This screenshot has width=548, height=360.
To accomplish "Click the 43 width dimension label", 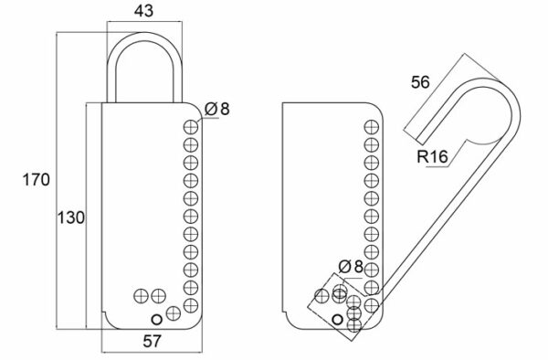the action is click(143, 11).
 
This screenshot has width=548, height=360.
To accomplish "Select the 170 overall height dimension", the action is click(37, 180).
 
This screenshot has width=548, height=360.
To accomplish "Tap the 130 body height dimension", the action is click(71, 217).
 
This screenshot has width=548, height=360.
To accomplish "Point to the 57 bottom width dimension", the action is click(153, 341).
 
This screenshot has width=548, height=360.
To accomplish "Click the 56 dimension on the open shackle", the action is click(420, 82).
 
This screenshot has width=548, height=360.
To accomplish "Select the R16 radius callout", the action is click(432, 156).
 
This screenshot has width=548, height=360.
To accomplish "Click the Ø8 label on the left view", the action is click(217, 109).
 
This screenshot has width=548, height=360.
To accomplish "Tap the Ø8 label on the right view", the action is click(351, 267).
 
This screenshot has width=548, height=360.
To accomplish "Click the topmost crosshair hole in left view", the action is click(191, 126).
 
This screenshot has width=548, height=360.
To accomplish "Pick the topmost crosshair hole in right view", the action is click(372, 126).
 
